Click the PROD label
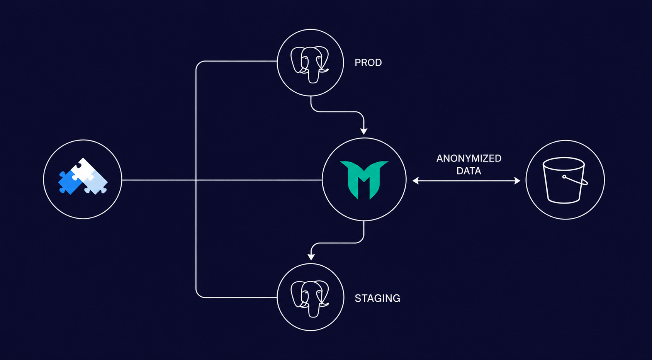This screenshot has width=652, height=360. pyautogui.click(x=368, y=63)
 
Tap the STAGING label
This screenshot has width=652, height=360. pyautogui.click(x=377, y=298)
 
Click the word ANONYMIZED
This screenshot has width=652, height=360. pyautogui.click(x=469, y=158)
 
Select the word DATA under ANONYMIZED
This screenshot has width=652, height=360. pyautogui.click(x=469, y=171)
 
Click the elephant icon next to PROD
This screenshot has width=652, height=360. pyautogui.click(x=310, y=65)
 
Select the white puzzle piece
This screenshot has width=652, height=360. pyautogui.click(x=84, y=169)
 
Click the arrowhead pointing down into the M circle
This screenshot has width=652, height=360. pyautogui.click(x=363, y=131)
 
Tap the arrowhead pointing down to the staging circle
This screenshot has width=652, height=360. pyautogui.click(x=311, y=257)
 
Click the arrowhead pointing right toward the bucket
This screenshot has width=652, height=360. pyautogui.click(x=517, y=181)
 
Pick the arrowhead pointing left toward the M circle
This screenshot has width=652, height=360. pyautogui.click(x=416, y=181)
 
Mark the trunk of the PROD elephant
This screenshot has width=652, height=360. pyautogui.click(x=313, y=76)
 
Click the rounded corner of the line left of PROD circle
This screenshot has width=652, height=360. pyautogui.click(x=198, y=63)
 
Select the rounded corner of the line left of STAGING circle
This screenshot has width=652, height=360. pyautogui.click(x=198, y=295)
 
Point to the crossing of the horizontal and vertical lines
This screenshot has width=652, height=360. pyautogui.click(x=196, y=180)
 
